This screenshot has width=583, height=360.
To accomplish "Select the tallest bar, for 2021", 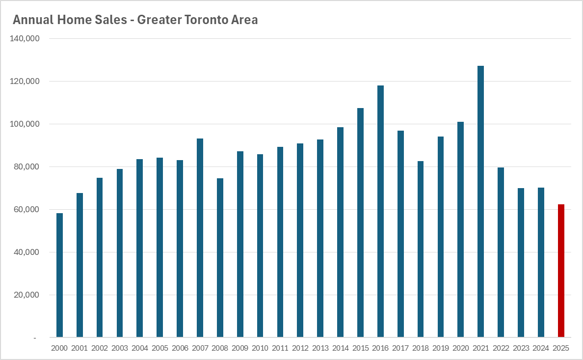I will (480, 201).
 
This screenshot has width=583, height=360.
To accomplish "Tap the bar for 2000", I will (59, 275).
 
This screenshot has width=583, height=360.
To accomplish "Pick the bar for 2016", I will (380, 211).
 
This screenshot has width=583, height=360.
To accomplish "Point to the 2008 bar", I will (220, 258).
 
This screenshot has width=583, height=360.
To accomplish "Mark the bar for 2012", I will (300, 240).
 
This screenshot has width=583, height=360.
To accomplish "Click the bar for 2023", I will (521, 263).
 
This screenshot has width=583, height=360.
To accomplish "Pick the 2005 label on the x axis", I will (159, 348).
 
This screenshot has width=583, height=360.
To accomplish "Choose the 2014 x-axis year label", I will (340, 348).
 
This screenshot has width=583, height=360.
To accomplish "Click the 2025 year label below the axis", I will (560, 348).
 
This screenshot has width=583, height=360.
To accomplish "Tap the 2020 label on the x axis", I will (460, 348).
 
